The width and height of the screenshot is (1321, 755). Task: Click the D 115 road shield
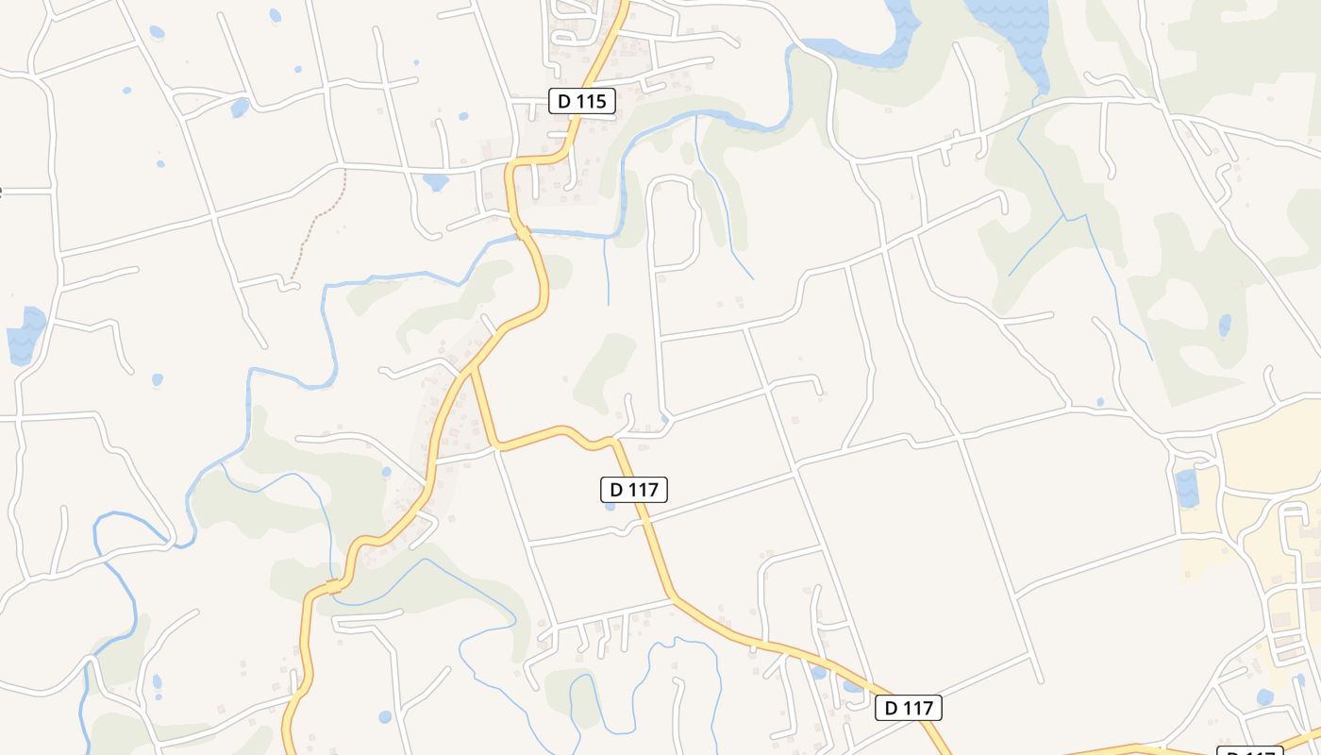[x=582, y=101]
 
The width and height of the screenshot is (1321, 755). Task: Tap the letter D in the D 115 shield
[x=564, y=101]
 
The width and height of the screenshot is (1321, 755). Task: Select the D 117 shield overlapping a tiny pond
[x=634, y=489]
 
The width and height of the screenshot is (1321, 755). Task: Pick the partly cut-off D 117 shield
[x=1249, y=751]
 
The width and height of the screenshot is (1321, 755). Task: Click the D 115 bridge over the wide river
[x=522, y=231]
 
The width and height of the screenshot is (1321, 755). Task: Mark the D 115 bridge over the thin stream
[x=332, y=587]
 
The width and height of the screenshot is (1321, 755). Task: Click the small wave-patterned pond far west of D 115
[x=26, y=334]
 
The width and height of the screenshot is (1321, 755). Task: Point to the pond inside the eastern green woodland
[x=1225, y=326]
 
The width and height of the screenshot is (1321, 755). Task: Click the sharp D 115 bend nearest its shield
[x=566, y=151]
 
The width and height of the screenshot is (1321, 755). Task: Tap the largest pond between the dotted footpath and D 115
[x=435, y=181]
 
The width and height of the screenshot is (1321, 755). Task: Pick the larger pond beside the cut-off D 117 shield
[x=1264, y=697]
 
